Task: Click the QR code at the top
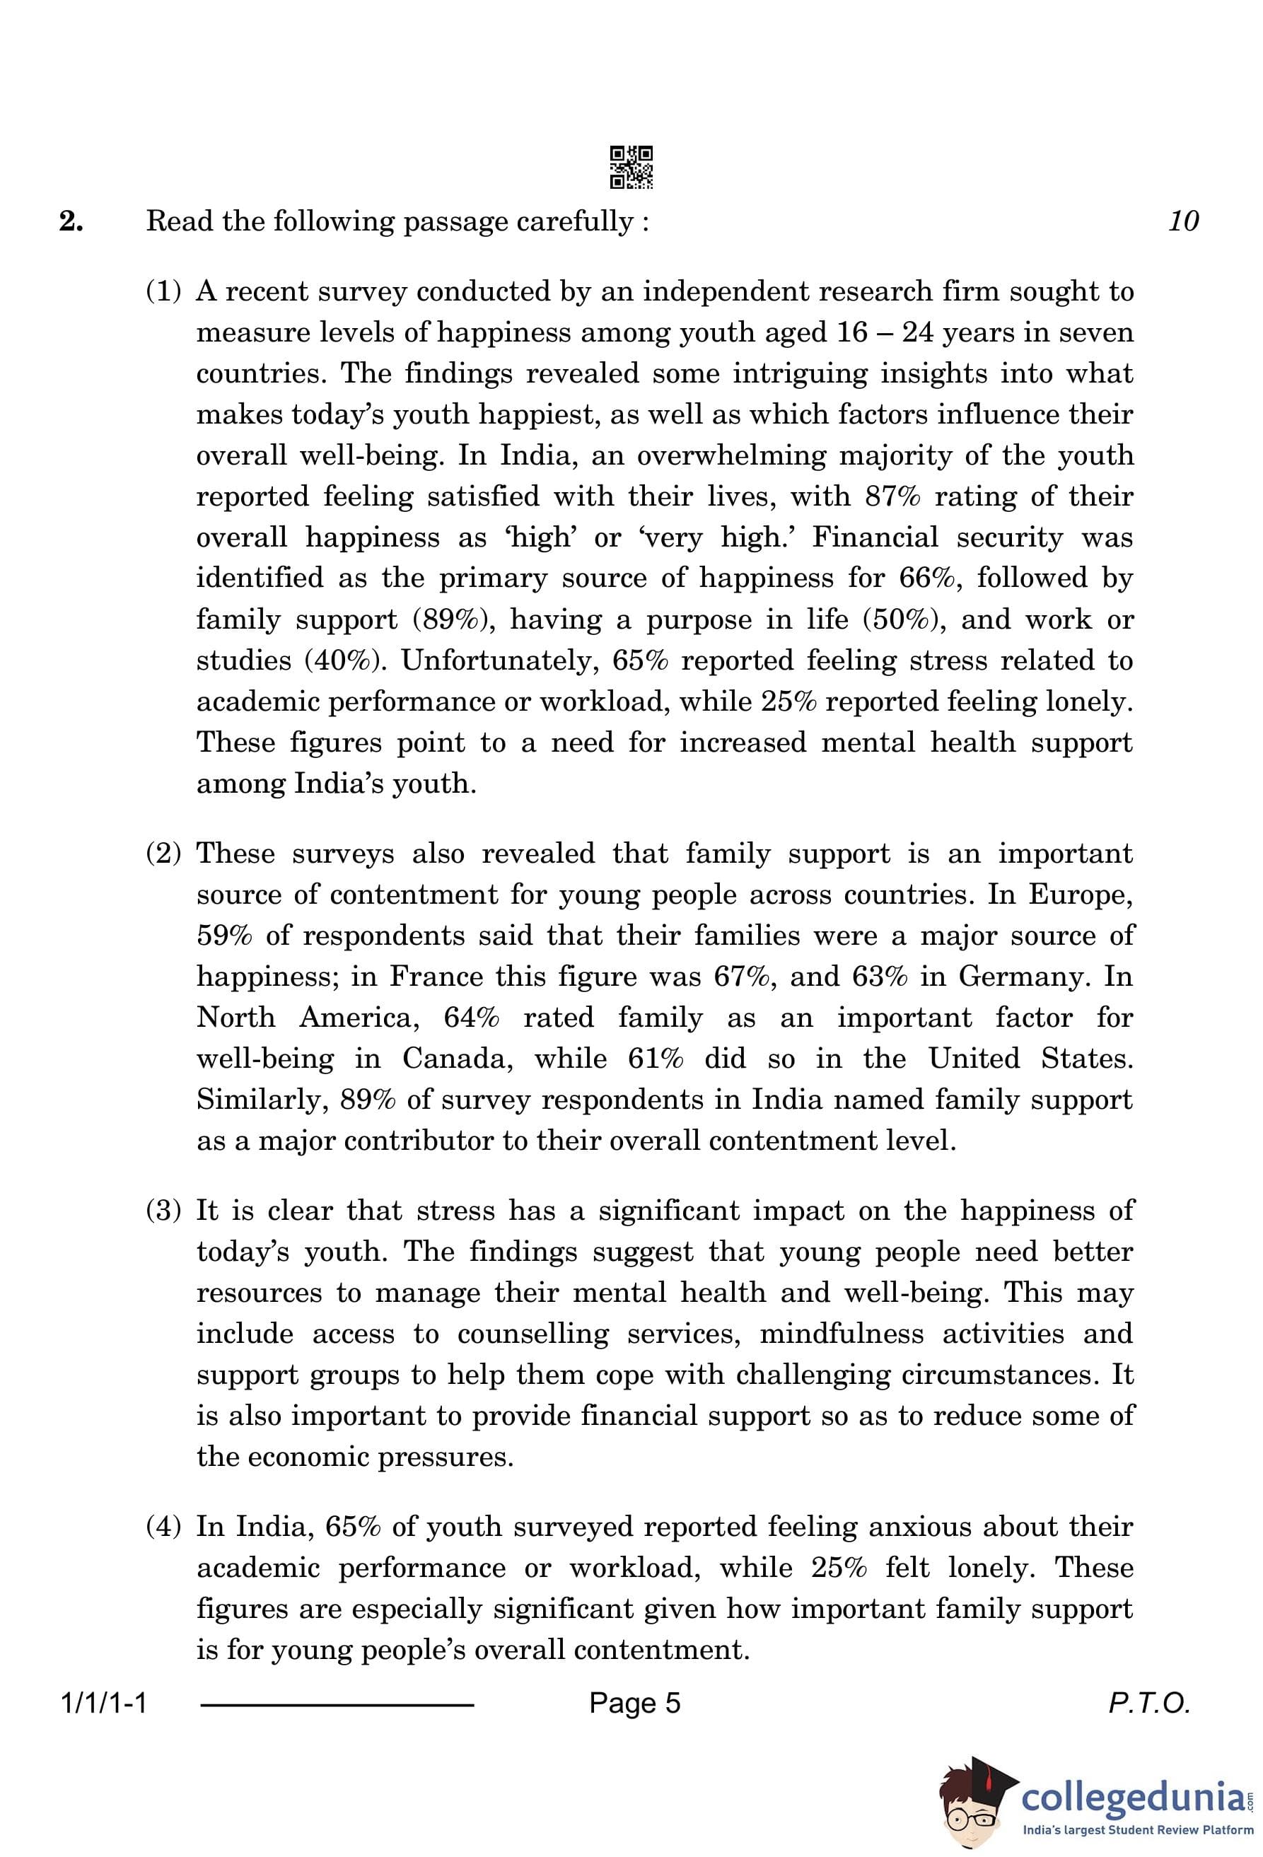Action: [x=631, y=167]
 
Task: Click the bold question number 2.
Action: [x=71, y=221]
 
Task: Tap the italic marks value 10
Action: [x=1182, y=221]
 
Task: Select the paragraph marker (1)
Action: [x=164, y=291]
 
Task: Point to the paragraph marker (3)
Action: [x=164, y=1211]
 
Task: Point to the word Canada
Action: [x=457, y=1059]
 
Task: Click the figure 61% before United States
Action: [x=655, y=1059]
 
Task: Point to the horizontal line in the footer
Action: [x=337, y=1705]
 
